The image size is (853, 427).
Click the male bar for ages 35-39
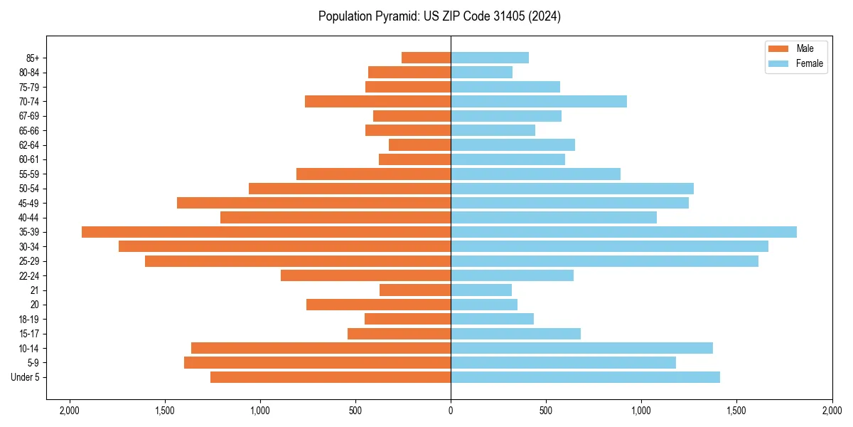(266, 232)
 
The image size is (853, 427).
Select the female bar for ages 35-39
(623, 232)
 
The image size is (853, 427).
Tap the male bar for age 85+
(426, 58)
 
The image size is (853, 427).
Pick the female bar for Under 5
(585, 377)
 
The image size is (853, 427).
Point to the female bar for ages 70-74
(539, 101)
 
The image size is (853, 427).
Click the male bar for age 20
(378, 305)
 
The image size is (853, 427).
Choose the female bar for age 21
(481, 290)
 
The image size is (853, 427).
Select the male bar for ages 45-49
(313, 203)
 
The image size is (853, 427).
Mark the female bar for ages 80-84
(481, 72)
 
